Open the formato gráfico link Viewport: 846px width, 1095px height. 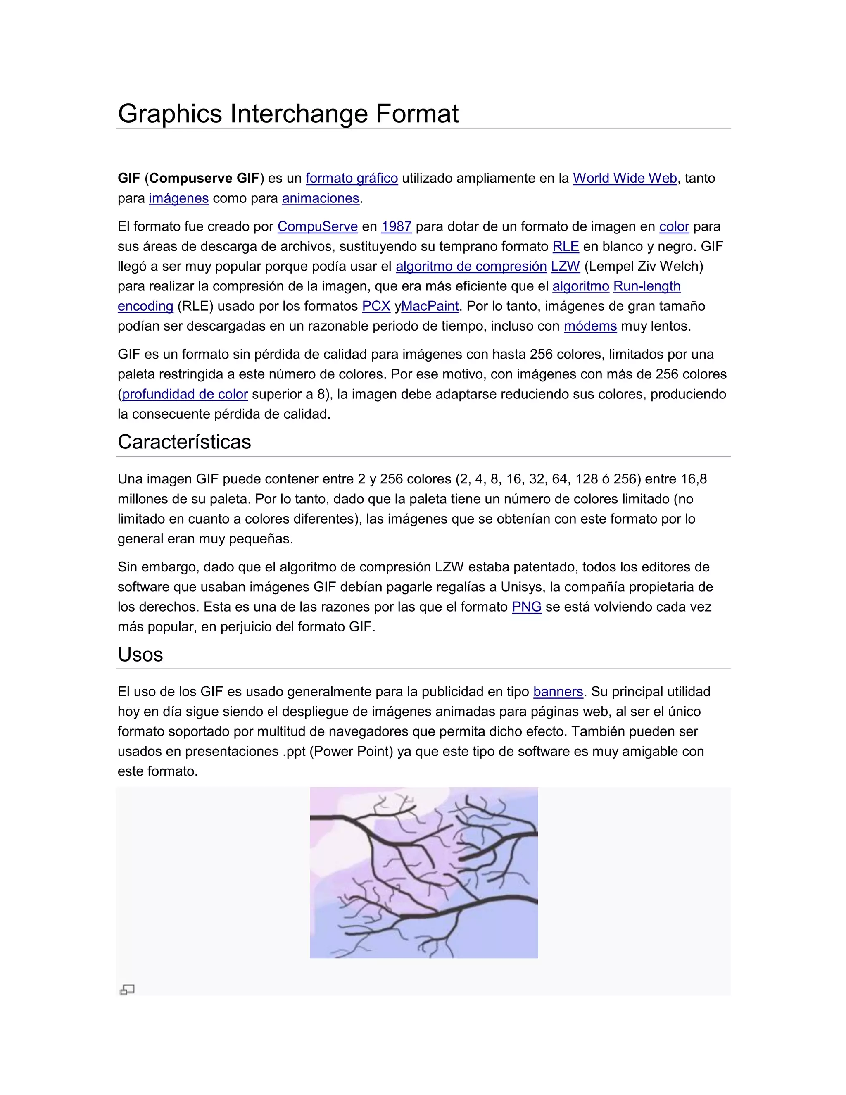point(352,179)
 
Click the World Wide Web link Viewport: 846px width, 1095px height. point(625,179)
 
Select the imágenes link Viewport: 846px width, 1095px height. point(178,198)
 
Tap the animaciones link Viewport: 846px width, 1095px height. point(320,198)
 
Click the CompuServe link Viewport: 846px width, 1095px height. point(317,226)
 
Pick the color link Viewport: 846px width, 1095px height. point(674,226)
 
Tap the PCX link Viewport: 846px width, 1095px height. point(376,306)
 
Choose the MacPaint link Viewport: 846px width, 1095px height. point(430,306)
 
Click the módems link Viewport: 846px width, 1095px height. point(590,326)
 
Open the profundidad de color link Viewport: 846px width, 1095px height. point(185,394)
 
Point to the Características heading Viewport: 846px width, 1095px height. point(184,442)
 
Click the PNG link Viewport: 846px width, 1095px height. point(526,607)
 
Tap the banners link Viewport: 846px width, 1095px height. point(558,692)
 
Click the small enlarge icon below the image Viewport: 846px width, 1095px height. point(127,989)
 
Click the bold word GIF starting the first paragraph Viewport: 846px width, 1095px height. point(129,179)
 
